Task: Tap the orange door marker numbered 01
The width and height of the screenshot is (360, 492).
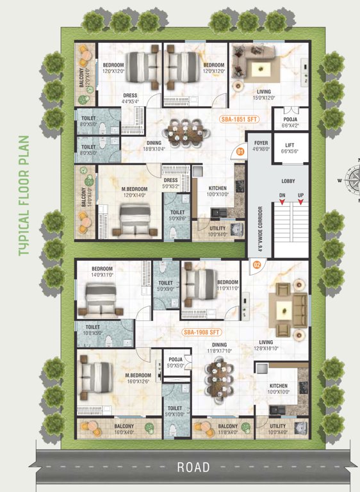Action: [x=240, y=152]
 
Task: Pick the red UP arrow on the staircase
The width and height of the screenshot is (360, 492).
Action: [x=300, y=204]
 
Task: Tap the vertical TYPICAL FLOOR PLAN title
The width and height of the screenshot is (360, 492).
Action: [x=24, y=195]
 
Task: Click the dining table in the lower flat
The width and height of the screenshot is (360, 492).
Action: [x=219, y=377]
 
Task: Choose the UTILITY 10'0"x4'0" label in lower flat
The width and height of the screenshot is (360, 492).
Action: [x=278, y=429]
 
